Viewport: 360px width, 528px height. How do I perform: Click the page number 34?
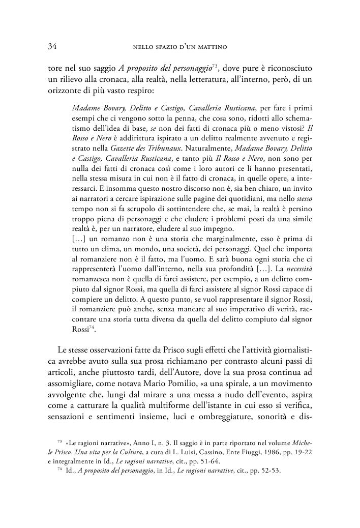51,47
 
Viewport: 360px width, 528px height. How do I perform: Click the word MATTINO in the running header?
211,48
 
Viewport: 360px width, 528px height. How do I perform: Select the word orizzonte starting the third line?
65,93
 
